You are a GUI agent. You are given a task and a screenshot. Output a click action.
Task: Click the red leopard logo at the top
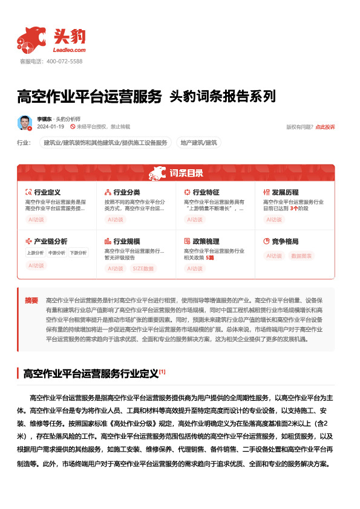(x=32, y=39)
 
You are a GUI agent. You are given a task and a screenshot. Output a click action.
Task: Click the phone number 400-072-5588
(x=64, y=62)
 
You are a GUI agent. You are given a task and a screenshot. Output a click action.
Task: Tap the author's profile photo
(x=25, y=123)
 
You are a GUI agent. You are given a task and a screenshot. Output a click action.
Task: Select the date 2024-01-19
(x=50, y=127)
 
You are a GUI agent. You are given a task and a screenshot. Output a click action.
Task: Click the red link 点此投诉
(x=325, y=127)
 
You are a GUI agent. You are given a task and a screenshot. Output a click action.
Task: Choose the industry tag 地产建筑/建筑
(x=198, y=143)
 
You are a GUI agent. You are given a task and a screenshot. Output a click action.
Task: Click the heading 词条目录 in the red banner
(x=186, y=174)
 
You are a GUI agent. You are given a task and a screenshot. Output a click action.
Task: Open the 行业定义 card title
(x=47, y=192)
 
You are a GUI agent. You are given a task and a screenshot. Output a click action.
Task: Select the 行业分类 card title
(x=126, y=192)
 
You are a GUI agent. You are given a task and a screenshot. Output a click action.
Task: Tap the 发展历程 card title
(x=286, y=192)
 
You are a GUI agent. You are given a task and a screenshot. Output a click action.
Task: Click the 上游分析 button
(x=35, y=253)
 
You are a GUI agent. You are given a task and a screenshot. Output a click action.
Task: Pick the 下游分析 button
(x=77, y=253)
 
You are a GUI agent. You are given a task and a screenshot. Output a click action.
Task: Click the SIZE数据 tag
(x=143, y=268)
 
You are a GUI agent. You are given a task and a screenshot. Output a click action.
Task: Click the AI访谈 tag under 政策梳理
(x=195, y=268)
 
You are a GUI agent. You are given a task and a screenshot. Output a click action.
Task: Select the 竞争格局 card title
(x=286, y=241)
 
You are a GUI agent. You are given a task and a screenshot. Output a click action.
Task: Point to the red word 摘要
(x=31, y=300)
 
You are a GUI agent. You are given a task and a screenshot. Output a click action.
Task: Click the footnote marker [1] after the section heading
(x=162, y=372)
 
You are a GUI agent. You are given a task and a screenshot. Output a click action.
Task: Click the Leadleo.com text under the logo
(x=70, y=50)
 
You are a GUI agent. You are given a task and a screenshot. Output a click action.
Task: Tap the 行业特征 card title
(x=206, y=192)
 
